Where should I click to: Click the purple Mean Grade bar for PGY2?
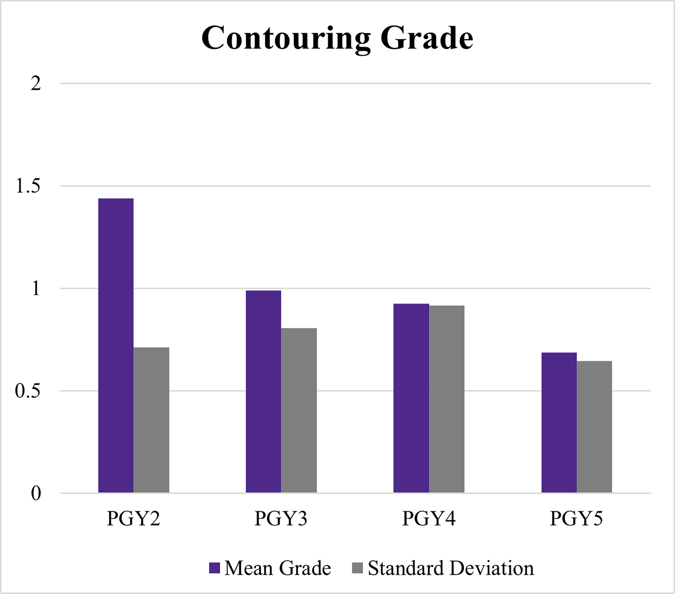tap(116, 346)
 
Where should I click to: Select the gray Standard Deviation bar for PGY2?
tap(151, 420)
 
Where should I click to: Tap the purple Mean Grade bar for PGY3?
tap(263, 392)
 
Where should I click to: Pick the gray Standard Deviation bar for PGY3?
tap(299, 410)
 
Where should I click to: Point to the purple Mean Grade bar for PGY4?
tap(411, 398)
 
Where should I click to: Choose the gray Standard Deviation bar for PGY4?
tap(446, 399)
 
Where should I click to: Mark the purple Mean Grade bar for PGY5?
tap(559, 423)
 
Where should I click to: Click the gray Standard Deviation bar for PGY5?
tap(594, 427)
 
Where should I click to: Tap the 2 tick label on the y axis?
tap(36, 84)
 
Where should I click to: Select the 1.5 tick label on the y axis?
tap(28, 186)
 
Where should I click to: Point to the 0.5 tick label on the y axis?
tap(28, 391)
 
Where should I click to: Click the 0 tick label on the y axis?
tap(36, 494)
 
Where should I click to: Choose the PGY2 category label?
tap(133, 518)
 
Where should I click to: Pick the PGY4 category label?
tap(429, 518)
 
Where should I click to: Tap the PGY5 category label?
tap(576, 518)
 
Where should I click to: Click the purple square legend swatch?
tap(214, 568)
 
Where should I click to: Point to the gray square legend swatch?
tap(357, 568)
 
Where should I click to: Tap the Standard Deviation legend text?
tap(451, 568)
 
